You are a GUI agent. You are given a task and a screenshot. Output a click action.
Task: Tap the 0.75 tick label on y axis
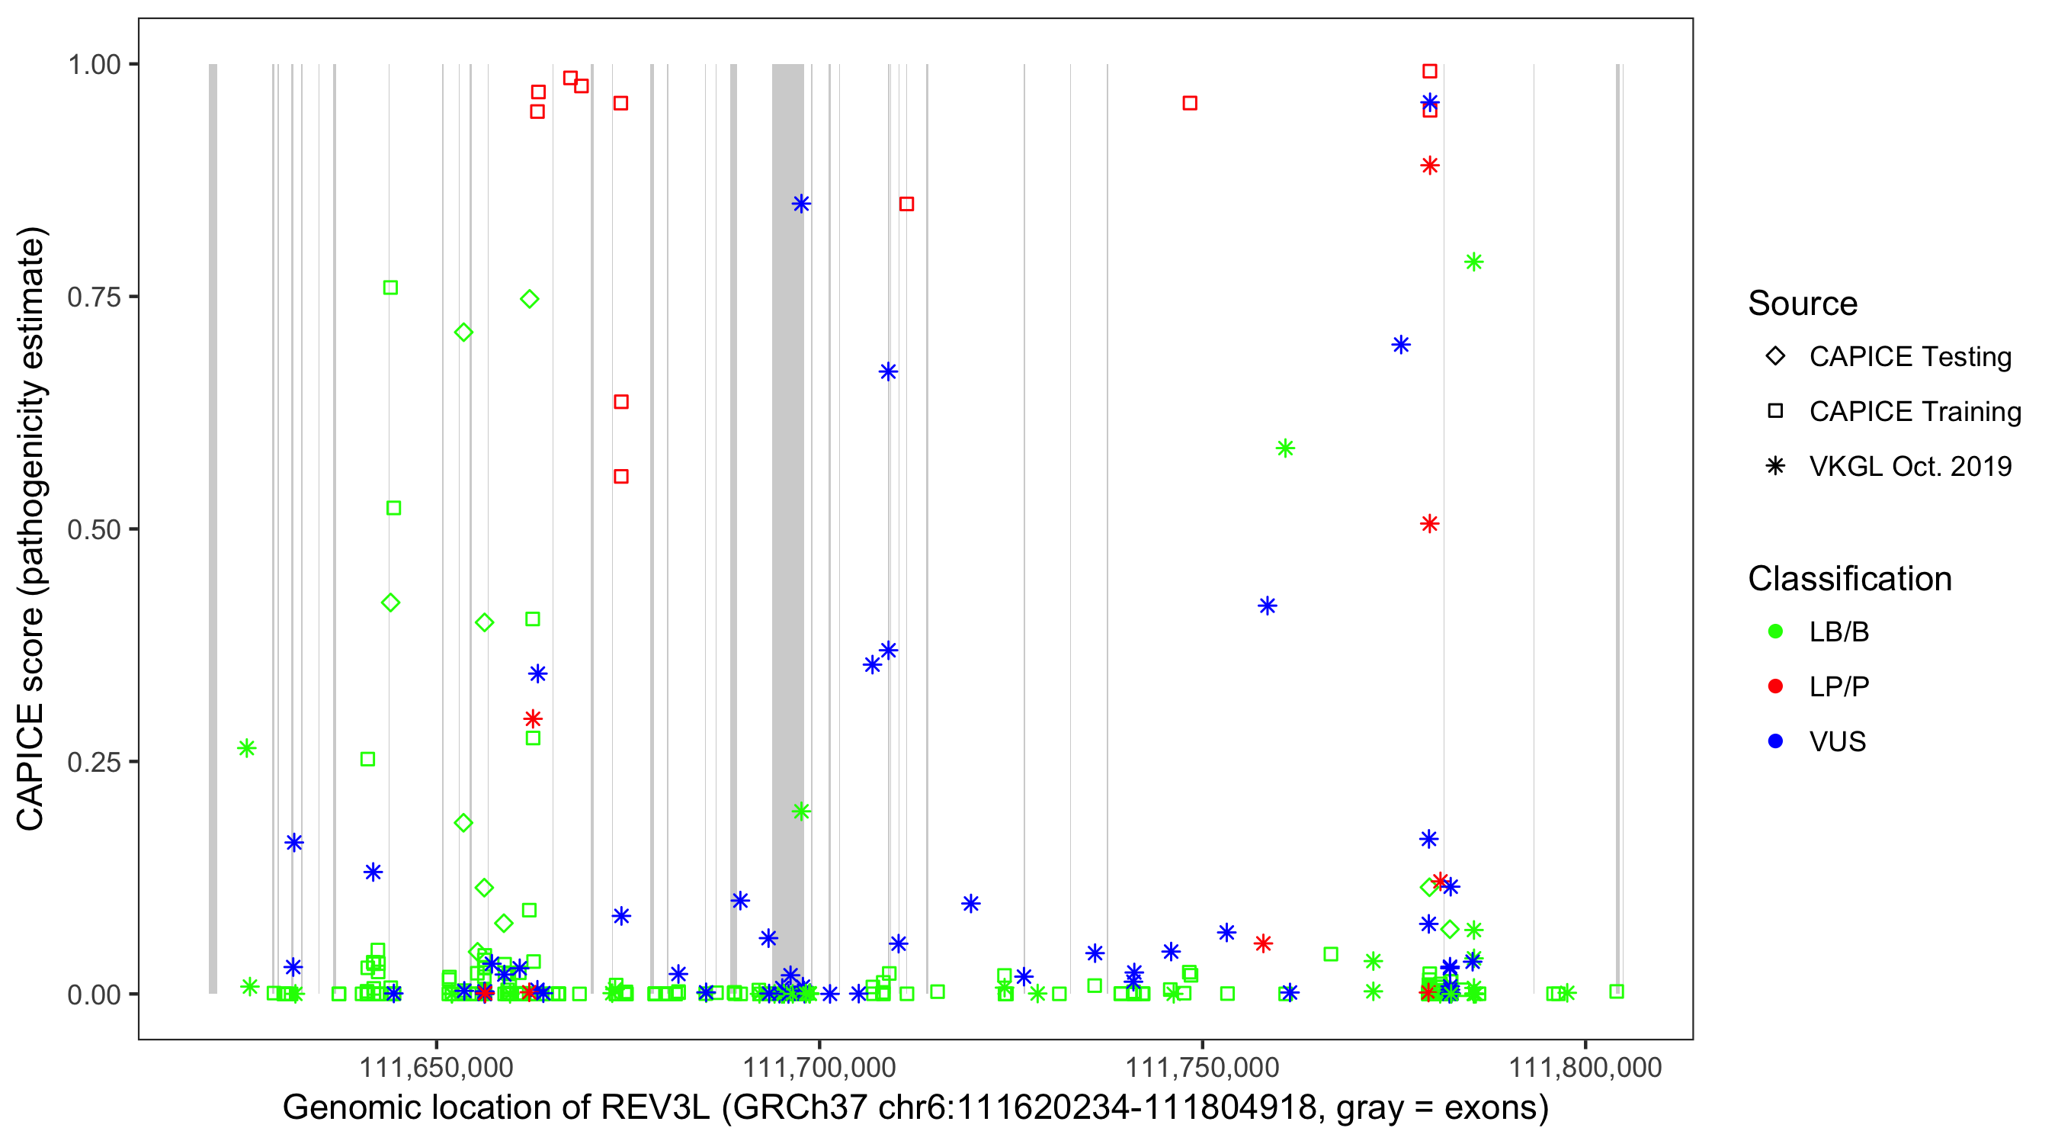click(93, 297)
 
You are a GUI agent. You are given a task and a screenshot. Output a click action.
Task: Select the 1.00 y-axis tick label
click(93, 64)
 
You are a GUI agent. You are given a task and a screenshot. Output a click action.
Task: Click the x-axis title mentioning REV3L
click(915, 1107)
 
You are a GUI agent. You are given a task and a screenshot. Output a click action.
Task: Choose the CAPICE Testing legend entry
click(1909, 357)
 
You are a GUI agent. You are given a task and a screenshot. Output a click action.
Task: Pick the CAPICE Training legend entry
click(1914, 412)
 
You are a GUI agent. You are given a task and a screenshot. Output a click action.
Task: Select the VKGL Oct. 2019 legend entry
click(1909, 466)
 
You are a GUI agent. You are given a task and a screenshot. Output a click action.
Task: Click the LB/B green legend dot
click(1775, 631)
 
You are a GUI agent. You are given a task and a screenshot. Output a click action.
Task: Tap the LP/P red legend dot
click(1775, 686)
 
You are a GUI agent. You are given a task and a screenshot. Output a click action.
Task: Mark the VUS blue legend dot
click(1775, 741)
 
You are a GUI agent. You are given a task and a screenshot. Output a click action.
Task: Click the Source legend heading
click(1803, 303)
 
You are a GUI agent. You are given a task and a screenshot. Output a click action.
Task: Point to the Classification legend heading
click(1849, 578)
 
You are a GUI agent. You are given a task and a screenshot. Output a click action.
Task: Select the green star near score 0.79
click(1473, 262)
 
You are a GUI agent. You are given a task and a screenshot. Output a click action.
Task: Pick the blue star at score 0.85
click(800, 204)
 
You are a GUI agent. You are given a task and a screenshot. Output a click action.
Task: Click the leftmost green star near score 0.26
click(246, 748)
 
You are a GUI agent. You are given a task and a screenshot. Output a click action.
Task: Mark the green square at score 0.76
click(389, 288)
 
